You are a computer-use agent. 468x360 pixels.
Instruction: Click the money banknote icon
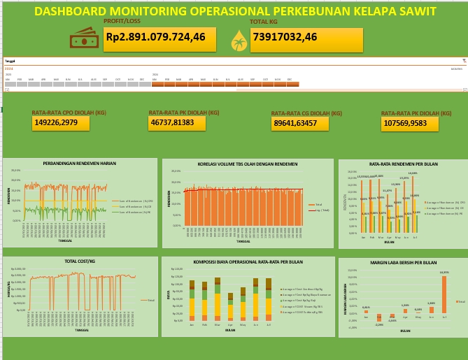pyautogui.click(x=83, y=38)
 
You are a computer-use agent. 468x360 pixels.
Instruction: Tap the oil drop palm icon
pyautogui.click(x=239, y=41)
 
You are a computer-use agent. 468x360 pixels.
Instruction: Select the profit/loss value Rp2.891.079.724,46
pyautogui.click(x=155, y=37)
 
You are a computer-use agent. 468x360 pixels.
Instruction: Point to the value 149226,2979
pyautogui.click(x=59, y=123)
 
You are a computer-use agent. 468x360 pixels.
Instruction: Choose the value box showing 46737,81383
pyautogui.click(x=177, y=122)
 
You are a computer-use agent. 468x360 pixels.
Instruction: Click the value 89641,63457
pyautogui.click(x=300, y=124)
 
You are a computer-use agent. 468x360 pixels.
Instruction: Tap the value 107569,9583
pyautogui.click(x=410, y=123)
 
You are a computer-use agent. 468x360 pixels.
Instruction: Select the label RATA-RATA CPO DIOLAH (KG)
pyautogui.click(x=69, y=112)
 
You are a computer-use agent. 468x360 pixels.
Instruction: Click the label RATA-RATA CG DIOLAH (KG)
pyautogui.click(x=306, y=113)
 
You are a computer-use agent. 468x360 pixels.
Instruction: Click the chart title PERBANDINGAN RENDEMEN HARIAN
pyautogui.click(x=79, y=163)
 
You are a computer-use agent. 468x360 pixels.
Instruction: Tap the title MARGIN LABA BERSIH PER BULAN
pyautogui.click(x=403, y=264)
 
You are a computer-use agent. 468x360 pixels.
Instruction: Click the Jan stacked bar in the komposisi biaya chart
pyautogui.click(x=192, y=301)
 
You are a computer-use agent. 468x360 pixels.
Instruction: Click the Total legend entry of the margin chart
pyautogui.click(x=460, y=301)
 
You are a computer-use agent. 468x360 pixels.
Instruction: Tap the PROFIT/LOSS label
pyautogui.click(x=122, y=22)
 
